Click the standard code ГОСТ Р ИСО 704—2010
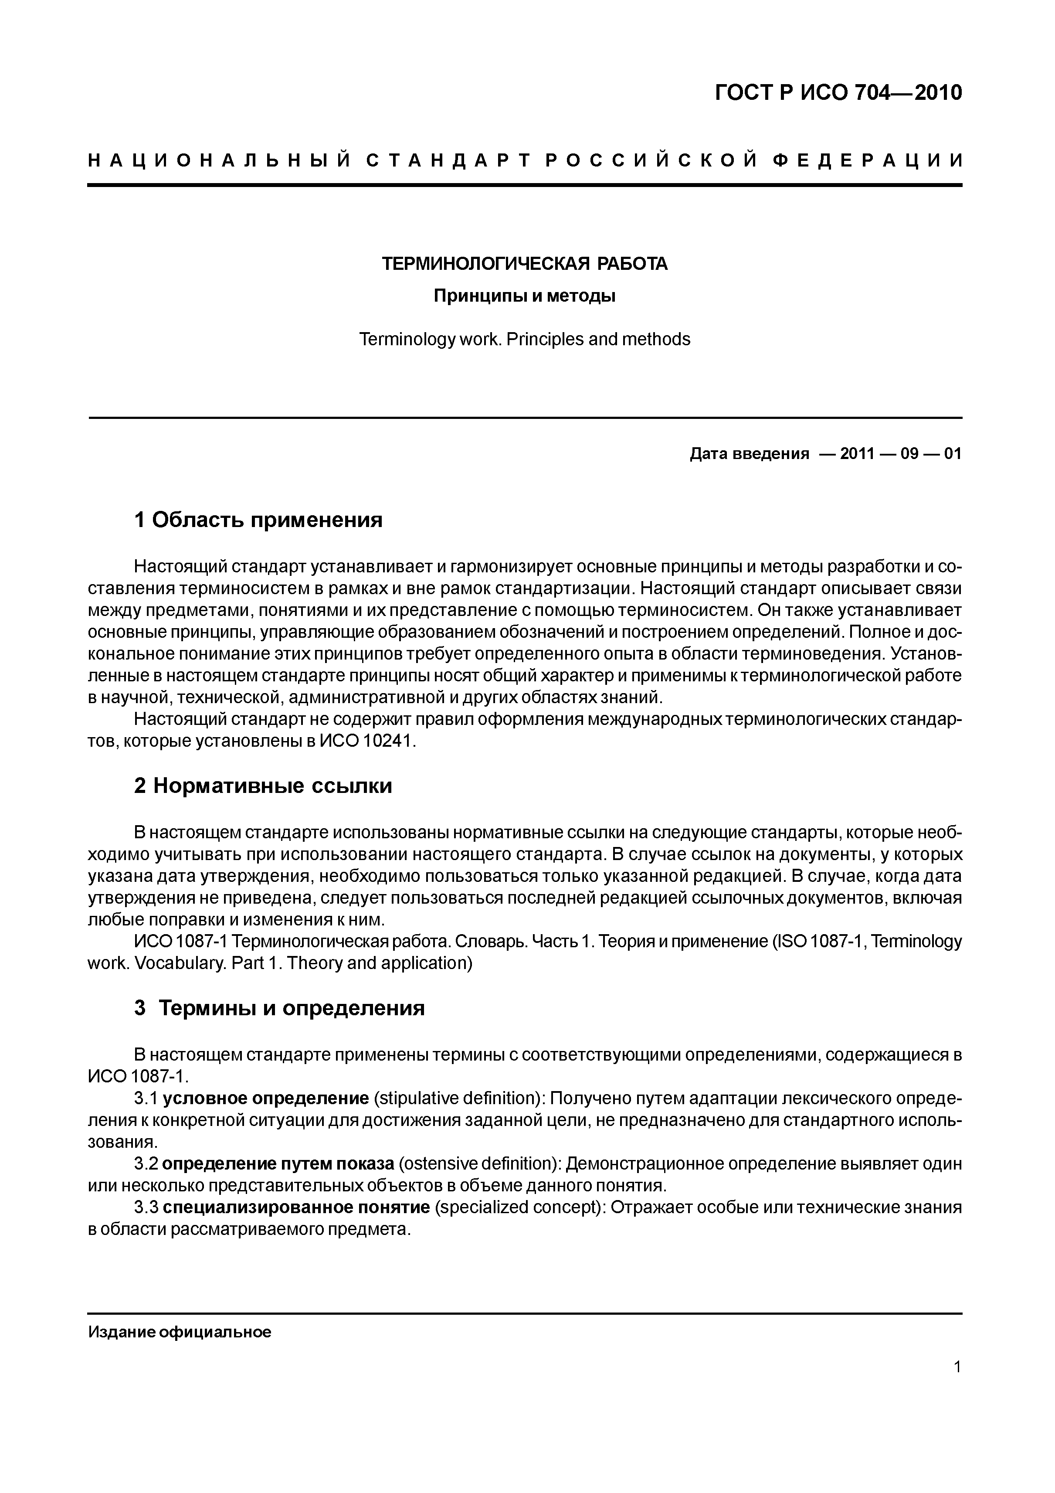pos(838,93)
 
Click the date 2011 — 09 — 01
pos(900,453)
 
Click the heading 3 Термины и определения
pos(279,1008)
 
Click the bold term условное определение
pos(265,1098)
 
